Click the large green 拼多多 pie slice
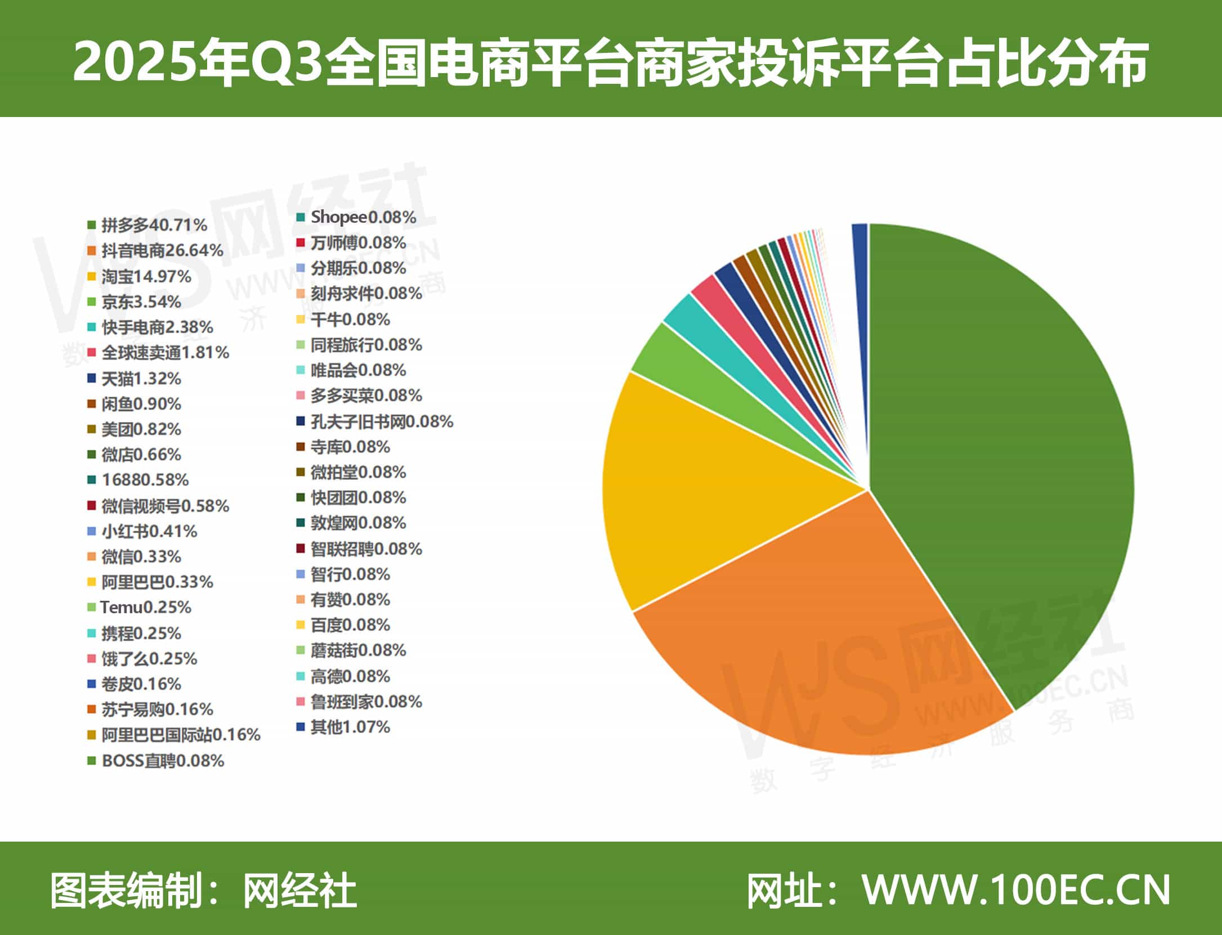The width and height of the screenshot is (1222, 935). coord(1002,450)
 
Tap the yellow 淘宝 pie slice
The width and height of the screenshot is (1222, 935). coord(704,506)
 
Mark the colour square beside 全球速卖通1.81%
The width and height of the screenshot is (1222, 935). coord(92,353)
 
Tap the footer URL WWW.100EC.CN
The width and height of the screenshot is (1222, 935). coord(1017,891)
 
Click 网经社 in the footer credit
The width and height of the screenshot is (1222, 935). coord(299,891)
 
